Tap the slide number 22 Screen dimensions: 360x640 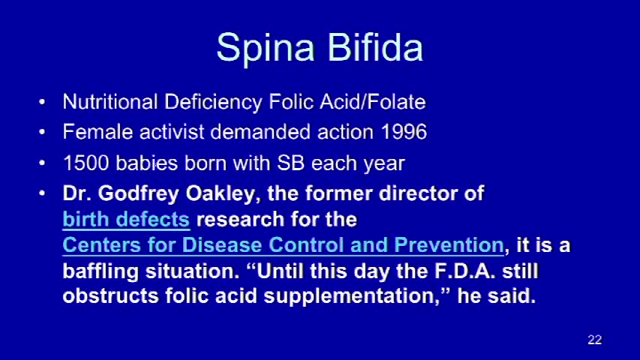[x=594, y=340]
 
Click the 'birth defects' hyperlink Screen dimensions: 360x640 [x=125, y=220]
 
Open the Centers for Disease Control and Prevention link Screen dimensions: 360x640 [x=282, y=245]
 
